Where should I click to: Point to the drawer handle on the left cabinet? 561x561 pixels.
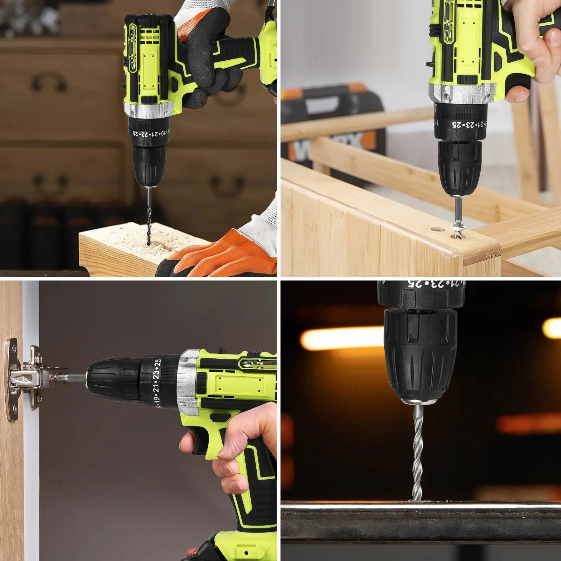(x=49, y=82)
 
